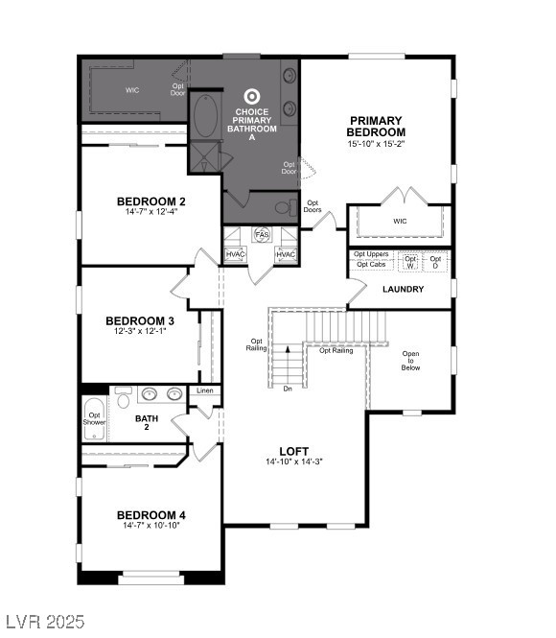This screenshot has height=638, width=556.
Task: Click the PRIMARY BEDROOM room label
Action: tap(375, 126)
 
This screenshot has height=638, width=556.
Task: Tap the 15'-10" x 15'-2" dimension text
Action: tap(375, 144)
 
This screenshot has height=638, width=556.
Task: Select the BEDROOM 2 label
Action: tap(151, 201)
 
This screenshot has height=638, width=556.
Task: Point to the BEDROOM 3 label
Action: tap(140, 320)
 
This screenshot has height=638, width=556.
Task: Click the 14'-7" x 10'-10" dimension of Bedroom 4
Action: tap(151, 526)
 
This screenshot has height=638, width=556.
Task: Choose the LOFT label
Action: tap(293, 451)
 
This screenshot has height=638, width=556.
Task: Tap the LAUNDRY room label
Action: tap(403, 289)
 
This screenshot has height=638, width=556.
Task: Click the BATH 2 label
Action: tap(147, 418)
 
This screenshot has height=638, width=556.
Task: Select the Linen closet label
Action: tap(205, 391)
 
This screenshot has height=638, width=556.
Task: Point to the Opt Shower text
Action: tap(94, 417)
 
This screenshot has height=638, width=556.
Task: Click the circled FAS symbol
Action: tap(262, 235)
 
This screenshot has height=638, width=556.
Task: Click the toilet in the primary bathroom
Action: tap(285, 206)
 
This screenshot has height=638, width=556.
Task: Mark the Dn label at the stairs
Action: tap(287, 389)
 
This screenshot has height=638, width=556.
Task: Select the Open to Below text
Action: tap(410, 360)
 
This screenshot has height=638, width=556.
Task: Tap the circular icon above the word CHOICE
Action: tap(252, 96)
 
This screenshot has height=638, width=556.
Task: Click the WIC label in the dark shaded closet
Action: tap(132, 90)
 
